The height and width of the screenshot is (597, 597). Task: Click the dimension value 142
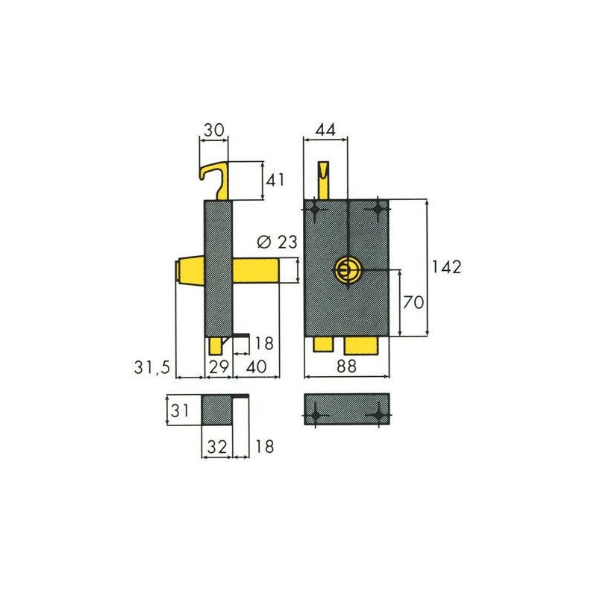pos(446,267)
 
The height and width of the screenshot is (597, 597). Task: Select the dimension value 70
pos(413,302)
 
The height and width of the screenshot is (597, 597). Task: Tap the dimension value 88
pos(346,366)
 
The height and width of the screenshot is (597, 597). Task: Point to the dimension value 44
pos(325,130)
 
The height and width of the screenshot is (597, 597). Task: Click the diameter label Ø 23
pos(277,242)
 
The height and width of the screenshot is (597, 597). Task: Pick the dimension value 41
pos(275,180)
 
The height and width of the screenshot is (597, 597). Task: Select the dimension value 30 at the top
pos(214,130)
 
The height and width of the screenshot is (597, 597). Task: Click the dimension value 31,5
pos(152,367)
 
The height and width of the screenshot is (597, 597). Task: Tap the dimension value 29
pos(219,366)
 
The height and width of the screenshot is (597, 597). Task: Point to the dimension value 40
pos(256,366)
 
